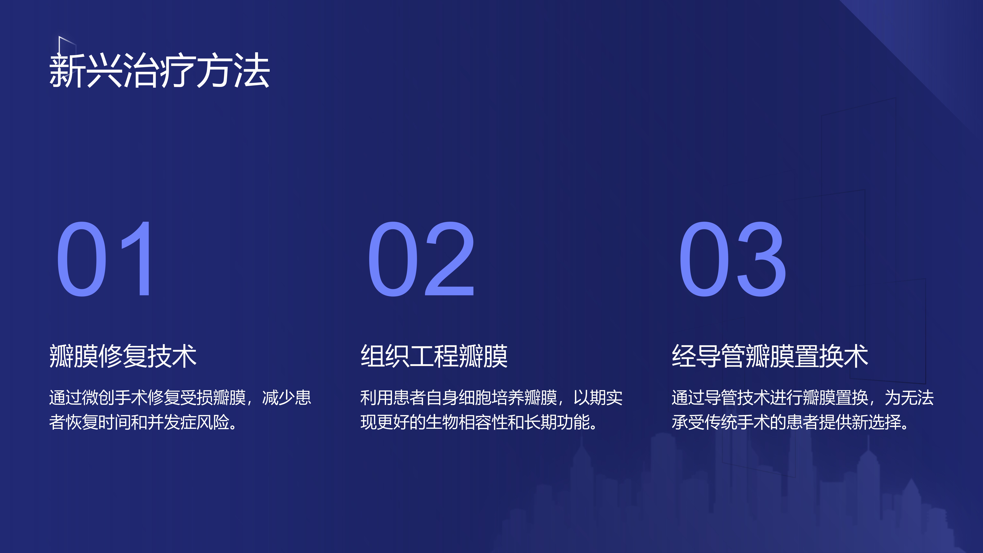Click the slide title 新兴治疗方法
point(160,71)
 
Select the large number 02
point(421,259)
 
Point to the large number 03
point(732,259)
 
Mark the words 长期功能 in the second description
point(557,422)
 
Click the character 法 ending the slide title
point(252,71)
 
